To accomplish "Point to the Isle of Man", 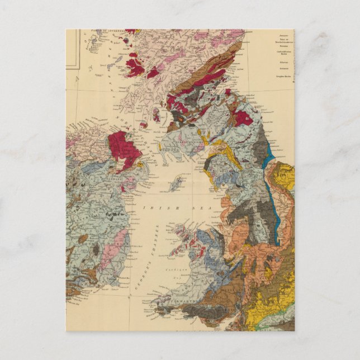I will pos(177,182).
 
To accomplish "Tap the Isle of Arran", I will pos(156,116).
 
